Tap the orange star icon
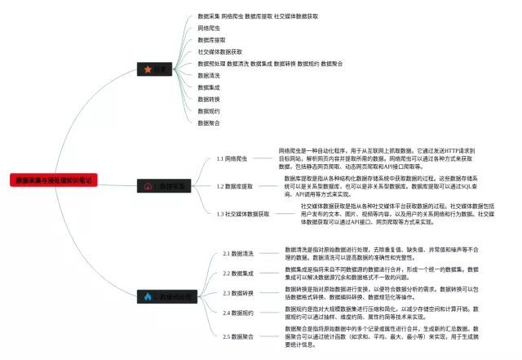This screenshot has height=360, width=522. [147, 70]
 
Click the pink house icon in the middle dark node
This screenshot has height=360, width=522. [148, 186]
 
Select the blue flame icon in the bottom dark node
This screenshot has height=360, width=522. [148, 296]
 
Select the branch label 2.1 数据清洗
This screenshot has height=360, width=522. [238, 253]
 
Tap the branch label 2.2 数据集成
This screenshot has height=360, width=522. [238, 273]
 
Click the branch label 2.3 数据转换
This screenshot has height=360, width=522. [238, 293]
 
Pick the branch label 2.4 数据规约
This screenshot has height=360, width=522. [238, 313]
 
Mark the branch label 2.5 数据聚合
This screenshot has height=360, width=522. [238, 336]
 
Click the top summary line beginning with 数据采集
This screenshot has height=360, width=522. [258, 16]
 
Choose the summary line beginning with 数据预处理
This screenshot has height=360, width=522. [269, 63]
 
